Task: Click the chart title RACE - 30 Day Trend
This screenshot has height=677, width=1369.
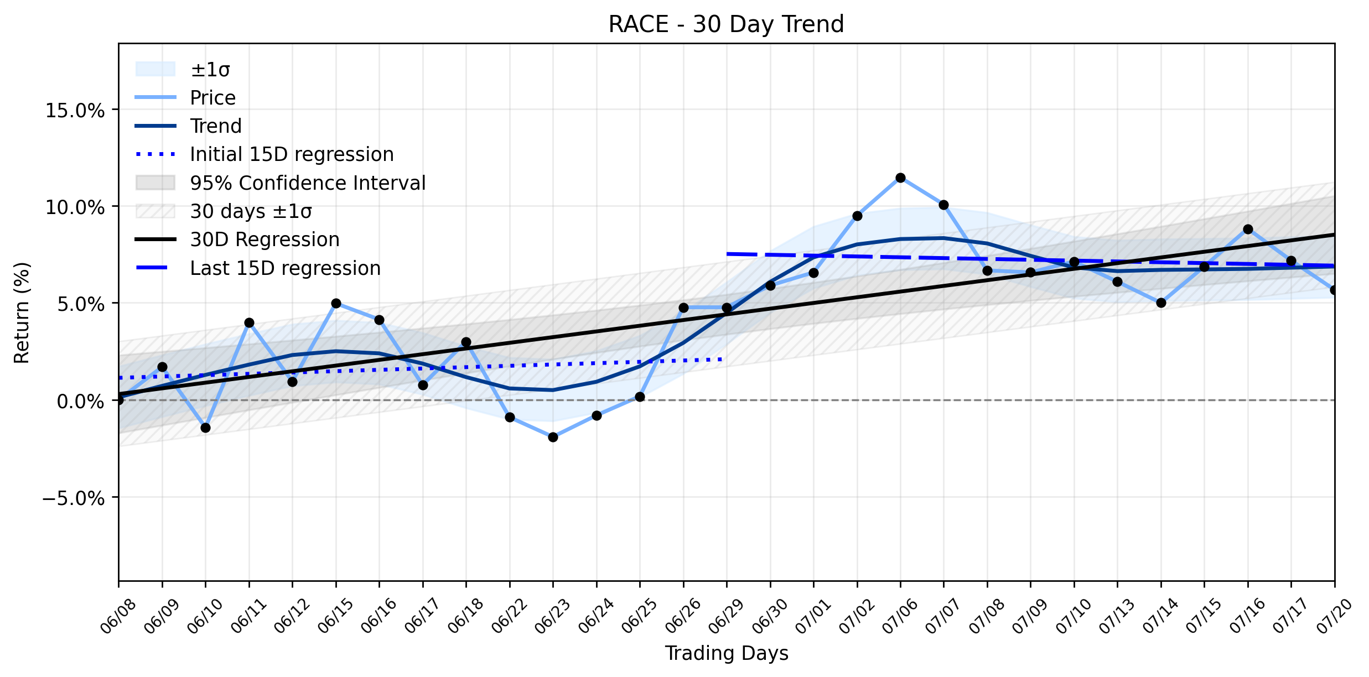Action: (726, 24)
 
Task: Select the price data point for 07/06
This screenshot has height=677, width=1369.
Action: (900, 178)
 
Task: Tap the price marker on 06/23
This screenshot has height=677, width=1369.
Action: (553, 437)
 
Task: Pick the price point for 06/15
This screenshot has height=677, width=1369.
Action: (336, 303)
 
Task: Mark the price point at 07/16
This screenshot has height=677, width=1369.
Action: (1248, 229)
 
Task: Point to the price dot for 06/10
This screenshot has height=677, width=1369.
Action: (205, 428)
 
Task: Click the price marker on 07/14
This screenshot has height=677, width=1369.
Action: (1161, 303)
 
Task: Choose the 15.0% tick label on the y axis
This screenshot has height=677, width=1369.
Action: (75, 111)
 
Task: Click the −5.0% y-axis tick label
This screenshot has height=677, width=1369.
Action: (74, 498)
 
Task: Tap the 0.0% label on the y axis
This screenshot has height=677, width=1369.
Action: (81, 401)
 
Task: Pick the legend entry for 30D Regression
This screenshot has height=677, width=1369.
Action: (237, 239)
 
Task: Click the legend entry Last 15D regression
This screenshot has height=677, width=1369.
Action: (258, 268)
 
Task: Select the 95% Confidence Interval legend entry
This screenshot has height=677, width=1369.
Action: (281, 183)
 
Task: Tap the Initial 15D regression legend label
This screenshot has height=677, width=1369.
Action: (265, 154)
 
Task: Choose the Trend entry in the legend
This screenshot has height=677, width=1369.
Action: (189, 126)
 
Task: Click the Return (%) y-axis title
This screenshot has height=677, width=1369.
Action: (22, 313)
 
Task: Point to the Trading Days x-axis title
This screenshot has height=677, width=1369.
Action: (727, 653)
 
